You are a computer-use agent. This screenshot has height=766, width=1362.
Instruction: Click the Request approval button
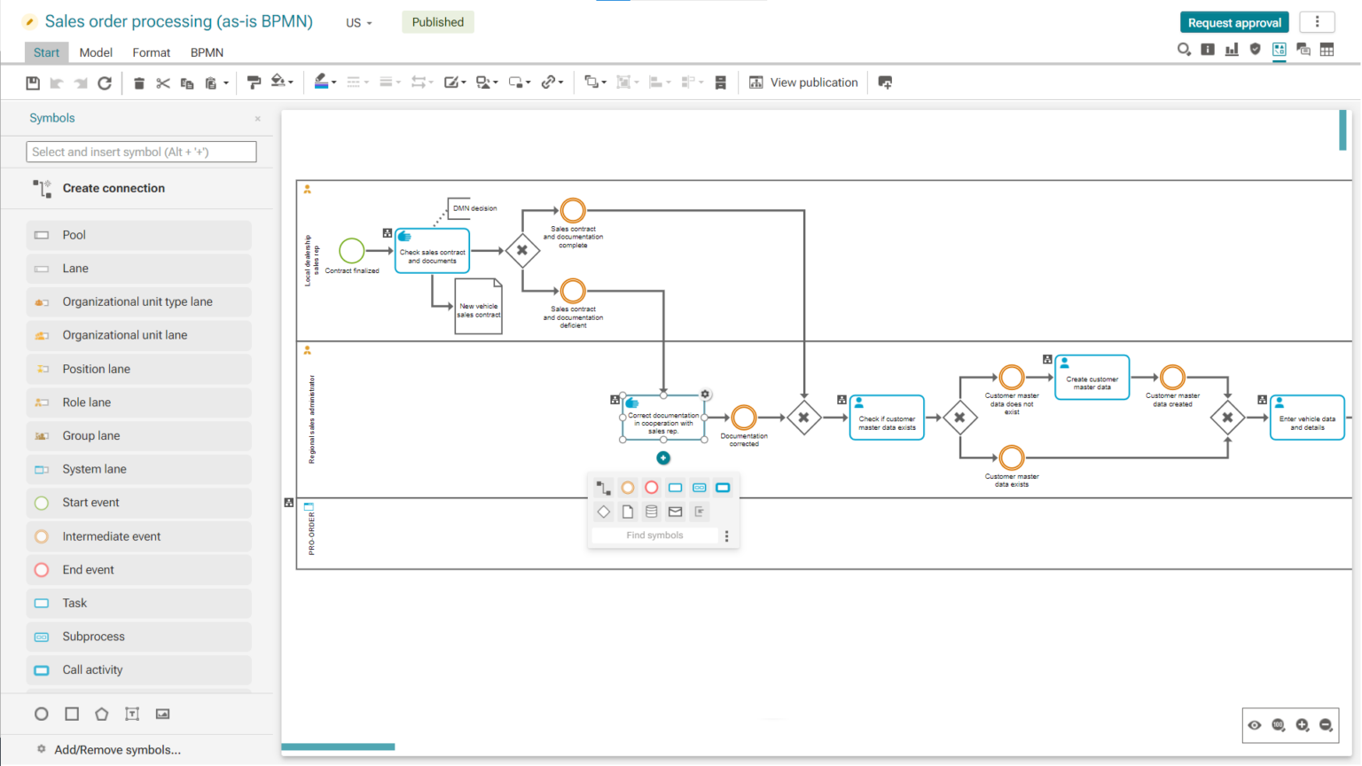pyautogui.click(x=1234, y=22)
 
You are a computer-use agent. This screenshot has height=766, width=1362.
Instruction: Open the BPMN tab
pyautogui.click(x=207, y=52)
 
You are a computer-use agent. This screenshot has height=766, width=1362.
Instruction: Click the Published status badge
pyautogui.click(x=437, y=22)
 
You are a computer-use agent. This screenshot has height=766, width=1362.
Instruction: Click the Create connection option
pyautogui.click(x=113, y=188)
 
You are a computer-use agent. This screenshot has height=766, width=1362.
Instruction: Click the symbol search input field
pyautogui.click(x=141, y=152)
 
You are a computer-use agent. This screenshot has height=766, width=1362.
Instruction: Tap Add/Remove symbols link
pyautogui.click(x=117, y=750)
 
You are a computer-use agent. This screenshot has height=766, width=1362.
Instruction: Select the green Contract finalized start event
pyautogui.click(x=352, y=250)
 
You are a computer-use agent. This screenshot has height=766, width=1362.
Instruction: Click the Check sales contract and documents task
pyautogui.click(x=432, y=251)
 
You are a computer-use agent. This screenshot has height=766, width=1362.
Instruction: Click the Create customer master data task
pyautogui.click(x=1092, y=378)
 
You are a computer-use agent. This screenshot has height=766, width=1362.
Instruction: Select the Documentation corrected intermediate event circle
pyautogui.click(x=744, y=418)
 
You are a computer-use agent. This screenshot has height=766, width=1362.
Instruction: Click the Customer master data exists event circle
pyautogui.click(x=1012, y=458)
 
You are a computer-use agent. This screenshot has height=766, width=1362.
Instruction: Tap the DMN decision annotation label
pyautogui.click(x=474, y=208)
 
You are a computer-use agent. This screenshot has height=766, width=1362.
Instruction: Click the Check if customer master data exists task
pyautogui.click(x=887, y=418)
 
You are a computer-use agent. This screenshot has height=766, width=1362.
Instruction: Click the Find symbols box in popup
pyautogui.click(x=654, y=535)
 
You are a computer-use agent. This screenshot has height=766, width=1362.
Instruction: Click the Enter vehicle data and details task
pyautogui.click(x=1307, y=418)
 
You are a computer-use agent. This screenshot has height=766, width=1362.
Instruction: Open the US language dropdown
pyautogui.click(x=358, y=23)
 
